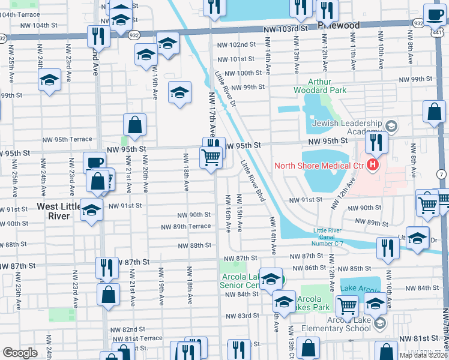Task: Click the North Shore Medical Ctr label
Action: coord(319,166)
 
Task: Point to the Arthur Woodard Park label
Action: coord(328,86)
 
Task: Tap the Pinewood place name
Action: coord(340,25)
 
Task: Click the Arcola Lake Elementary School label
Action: coord(340,323)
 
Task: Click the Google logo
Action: coord(20,353)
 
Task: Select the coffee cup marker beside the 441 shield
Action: coord(434,14)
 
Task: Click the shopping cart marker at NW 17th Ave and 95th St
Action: coord(211,158)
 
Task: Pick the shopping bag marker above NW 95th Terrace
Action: coord(135,125)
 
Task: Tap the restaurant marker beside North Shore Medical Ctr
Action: coord(376,142)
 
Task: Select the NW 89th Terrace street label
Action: coord(185,226)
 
